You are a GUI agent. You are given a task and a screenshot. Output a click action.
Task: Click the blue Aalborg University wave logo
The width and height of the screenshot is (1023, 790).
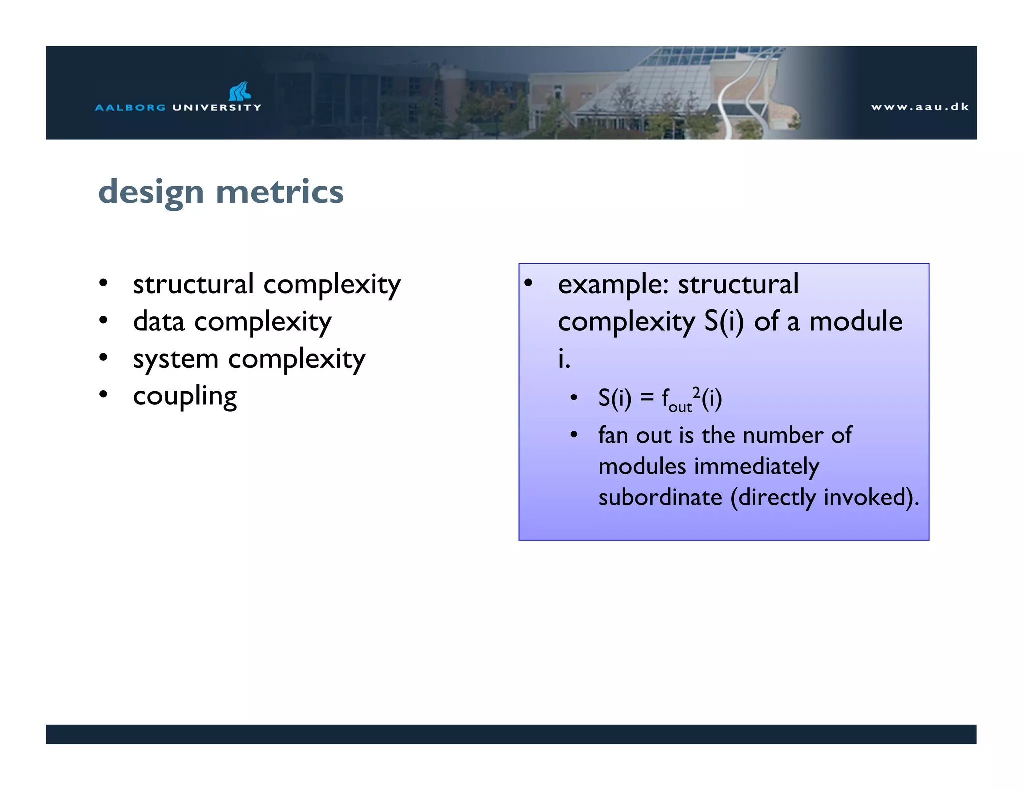[x=240, y=91]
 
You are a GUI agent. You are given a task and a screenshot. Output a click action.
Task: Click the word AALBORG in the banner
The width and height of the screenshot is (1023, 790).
[x=130, y=107]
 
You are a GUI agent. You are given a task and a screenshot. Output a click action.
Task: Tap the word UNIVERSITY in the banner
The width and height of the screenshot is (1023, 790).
[x=217, y=107]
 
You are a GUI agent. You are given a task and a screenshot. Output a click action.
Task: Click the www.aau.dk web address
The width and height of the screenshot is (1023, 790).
[x=920, y=107]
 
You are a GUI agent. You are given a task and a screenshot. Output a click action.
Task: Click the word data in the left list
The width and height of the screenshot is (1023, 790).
[x=159, y=321]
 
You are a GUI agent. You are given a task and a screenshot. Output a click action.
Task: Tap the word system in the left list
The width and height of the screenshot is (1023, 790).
[x=176, y=359]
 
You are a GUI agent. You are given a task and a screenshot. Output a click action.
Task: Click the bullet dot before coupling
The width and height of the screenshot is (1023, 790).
[x=103, y=395]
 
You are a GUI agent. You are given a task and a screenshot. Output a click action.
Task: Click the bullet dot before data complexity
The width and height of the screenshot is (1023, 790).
[x=103, y=320]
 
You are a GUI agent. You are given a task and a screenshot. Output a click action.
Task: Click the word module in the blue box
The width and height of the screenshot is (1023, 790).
[x=856, y=321]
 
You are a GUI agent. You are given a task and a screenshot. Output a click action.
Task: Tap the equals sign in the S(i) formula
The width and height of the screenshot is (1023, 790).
[x=647, y=398]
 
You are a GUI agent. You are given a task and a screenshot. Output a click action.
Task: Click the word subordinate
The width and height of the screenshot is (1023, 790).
[x=660, y=497]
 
